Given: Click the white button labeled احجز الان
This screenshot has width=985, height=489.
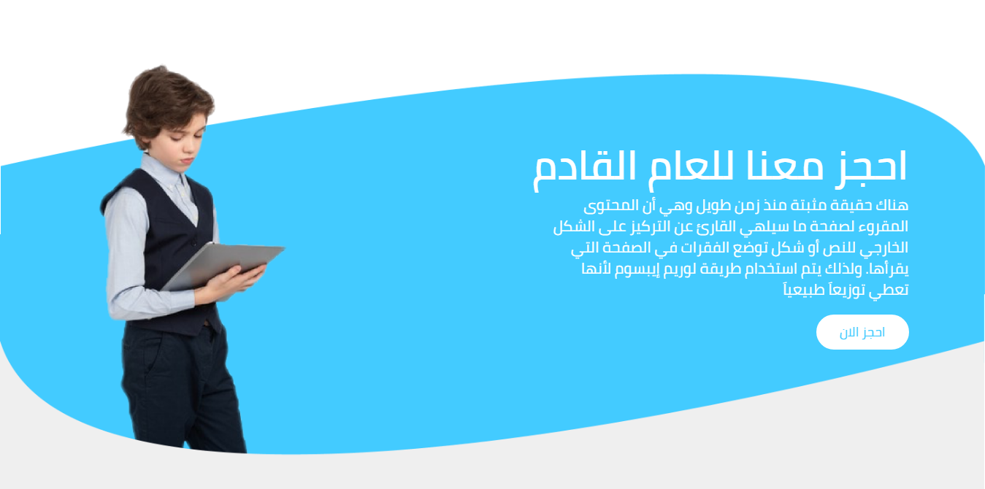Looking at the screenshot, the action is click(862, 332).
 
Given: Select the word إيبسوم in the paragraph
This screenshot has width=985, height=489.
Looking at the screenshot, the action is click(637, 269).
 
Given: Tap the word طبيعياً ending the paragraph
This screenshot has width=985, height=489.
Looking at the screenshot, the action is click(804, 290).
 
